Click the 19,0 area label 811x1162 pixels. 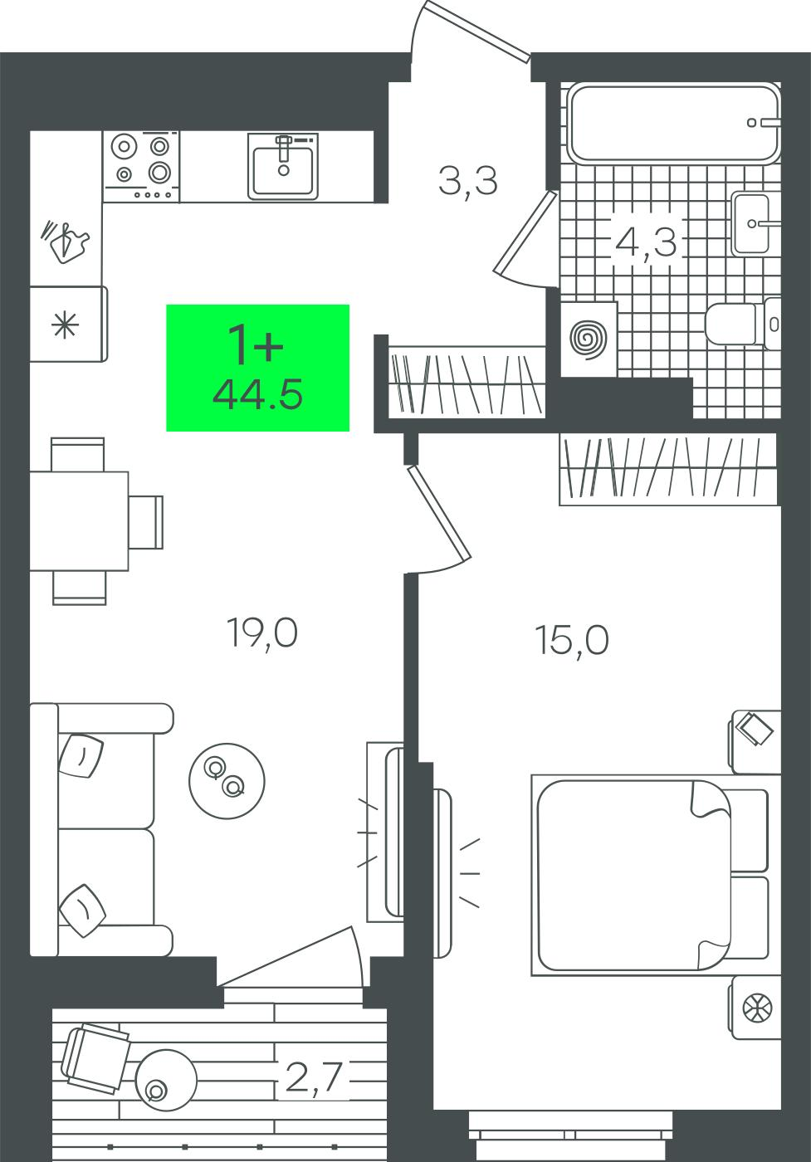[262, 634]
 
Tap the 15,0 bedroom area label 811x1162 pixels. [572, 641]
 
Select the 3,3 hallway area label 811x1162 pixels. [468, 181]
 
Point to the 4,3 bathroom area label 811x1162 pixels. [646, 242]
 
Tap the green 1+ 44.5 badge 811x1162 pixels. [257, 368]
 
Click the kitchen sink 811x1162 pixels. [283, 166]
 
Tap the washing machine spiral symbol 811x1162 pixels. [588, 339]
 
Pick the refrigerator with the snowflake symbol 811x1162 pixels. [69, 324]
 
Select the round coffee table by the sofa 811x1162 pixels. [227, 781]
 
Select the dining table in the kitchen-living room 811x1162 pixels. [79, 521]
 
